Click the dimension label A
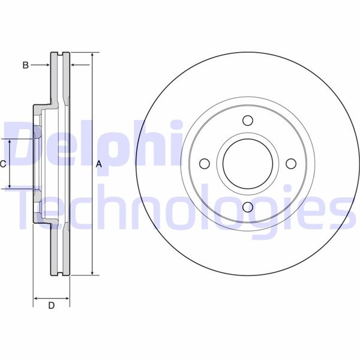click(100, 164)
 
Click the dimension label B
click(25, 65)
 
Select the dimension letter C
click(3, 164)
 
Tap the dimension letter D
click(51, 306)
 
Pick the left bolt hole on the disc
click(204, 164)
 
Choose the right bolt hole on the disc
click(291, 164)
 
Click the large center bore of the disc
click(247, 164)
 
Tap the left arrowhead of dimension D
click(36, 298)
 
